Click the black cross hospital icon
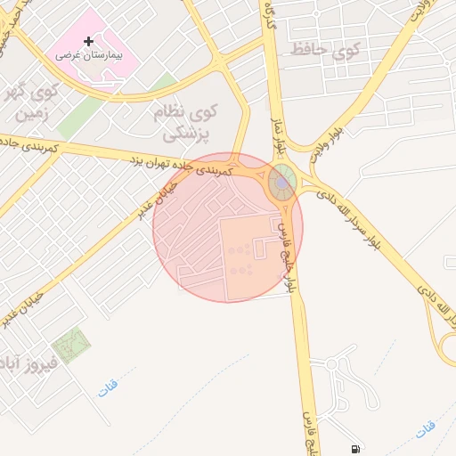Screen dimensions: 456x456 (88, 41)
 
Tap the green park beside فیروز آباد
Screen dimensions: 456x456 (70, 346)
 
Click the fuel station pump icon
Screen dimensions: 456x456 (356, 449)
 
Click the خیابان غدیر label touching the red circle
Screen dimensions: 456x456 (155, 198)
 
